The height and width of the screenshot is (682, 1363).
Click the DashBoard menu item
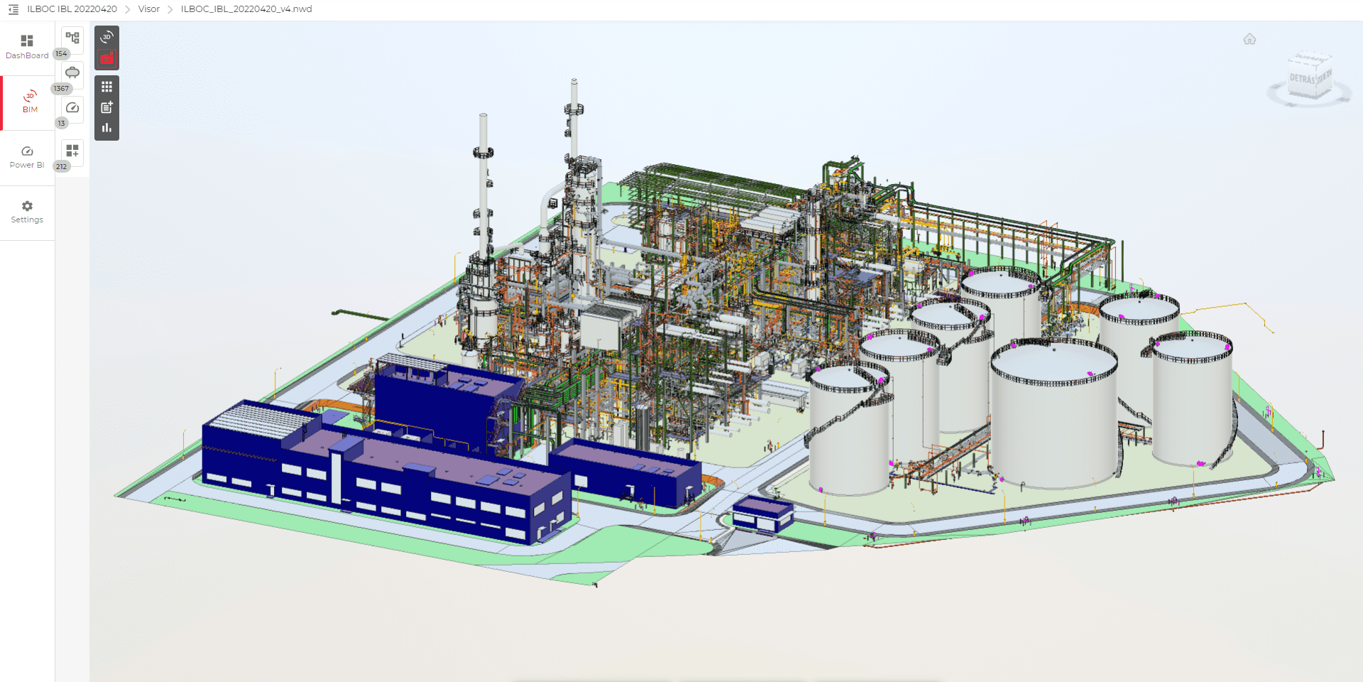27,47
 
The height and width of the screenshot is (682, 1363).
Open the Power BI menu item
27,157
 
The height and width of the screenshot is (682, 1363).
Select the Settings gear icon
27,206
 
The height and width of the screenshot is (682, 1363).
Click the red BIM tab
30,102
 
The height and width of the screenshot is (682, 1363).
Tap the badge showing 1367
61,89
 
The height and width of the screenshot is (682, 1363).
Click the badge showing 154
61,54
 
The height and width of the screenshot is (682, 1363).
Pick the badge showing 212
61,167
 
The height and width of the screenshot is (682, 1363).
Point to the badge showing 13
61,124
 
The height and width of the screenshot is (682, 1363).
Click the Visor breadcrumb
149,9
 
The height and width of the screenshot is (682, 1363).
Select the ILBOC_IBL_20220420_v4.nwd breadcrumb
246,9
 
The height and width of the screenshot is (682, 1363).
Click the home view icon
1249,39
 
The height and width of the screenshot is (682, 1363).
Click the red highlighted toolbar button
106,59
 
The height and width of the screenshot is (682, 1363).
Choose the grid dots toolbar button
106,87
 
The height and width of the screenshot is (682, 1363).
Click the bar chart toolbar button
106,128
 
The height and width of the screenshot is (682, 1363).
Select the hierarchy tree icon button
72,38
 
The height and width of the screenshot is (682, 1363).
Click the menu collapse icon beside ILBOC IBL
13,9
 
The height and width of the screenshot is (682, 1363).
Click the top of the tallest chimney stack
574,82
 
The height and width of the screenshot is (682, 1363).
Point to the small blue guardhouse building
762,514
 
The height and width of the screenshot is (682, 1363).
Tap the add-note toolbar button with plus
106,107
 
